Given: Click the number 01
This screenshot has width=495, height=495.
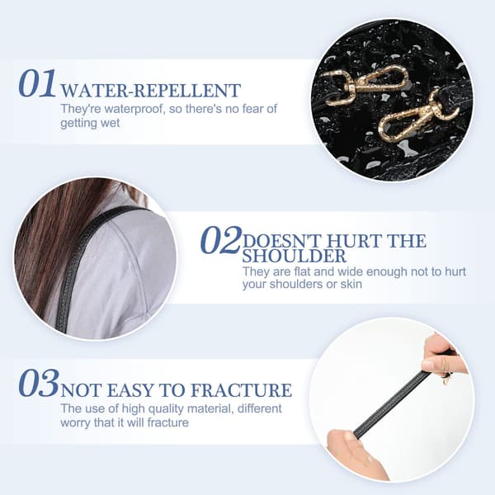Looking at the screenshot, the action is point(37,83).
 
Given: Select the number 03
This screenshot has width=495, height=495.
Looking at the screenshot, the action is point(39,383).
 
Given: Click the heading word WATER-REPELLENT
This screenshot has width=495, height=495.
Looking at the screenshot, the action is point(151,91).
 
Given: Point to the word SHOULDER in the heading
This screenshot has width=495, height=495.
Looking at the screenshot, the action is point(294,256).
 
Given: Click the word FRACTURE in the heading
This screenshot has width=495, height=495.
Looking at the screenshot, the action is point(241,390).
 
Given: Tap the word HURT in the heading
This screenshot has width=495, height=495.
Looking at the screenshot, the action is point(354,241).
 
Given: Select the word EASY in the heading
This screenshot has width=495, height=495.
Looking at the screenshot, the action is point(130,390).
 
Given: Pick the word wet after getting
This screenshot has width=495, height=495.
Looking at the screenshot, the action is point(111,123).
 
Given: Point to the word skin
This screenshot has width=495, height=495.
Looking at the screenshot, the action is point(351,284).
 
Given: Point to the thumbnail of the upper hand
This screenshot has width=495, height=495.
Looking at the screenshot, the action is point(428,365).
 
